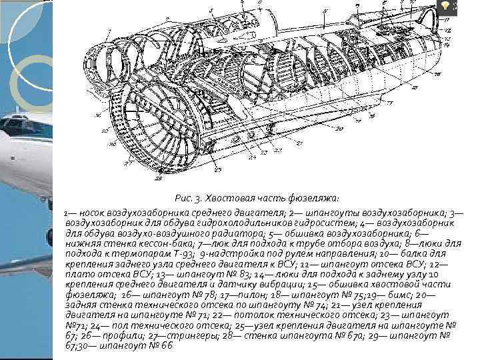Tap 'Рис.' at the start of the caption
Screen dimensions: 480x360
183,198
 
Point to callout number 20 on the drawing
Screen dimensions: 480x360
338,128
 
